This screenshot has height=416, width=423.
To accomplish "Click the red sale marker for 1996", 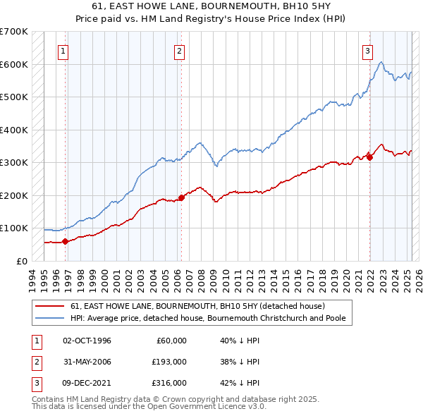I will (66, 241).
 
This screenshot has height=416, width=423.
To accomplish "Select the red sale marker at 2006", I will (181, 197).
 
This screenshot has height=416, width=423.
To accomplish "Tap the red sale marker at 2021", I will (369, 157).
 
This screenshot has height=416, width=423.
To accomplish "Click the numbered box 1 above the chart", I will (63, 51).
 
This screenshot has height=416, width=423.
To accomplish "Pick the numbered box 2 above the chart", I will (180, 51).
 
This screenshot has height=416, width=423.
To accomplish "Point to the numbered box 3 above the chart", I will (368, 51).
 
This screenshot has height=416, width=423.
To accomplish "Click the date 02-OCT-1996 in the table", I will (87, 341).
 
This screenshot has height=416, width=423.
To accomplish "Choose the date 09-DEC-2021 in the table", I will (87, 383).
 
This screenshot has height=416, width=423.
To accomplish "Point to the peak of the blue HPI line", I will (381, 62).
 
